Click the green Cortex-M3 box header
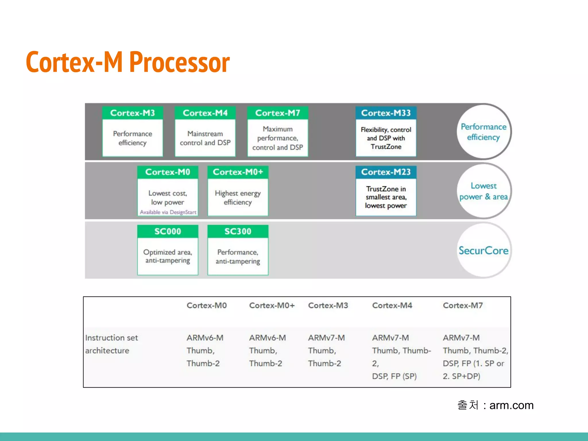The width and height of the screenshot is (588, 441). (x=132, y=113)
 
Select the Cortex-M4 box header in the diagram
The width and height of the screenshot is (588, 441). (x=205, y=113)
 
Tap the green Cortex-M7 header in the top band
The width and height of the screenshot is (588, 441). (x=278, y=113)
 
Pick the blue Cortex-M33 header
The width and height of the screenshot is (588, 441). (x=386, y=113)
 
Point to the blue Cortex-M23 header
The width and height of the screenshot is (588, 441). (x=386, y=172)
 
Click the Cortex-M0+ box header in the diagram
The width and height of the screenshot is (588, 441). (x=238, y=172)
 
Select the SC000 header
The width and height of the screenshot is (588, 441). (x=168, y=231)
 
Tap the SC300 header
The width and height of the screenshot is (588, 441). (x=238, y=231)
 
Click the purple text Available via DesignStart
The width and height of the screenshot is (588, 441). (x=168, y=212)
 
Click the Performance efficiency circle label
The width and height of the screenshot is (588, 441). (x=483, y=132)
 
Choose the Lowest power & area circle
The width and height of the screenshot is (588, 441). (x=483, y=191)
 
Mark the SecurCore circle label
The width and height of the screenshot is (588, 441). (x=483, y=251)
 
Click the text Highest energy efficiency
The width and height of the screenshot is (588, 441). (x=238, y=198)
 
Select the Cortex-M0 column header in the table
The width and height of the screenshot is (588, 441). (x=206, y=305)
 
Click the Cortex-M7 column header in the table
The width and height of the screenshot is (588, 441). (x=463, y=305)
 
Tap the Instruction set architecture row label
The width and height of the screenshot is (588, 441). (x=111, y=344)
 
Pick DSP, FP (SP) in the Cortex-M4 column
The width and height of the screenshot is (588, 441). (x=394, y=376)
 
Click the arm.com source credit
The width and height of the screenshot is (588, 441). (x=511, y=405)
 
